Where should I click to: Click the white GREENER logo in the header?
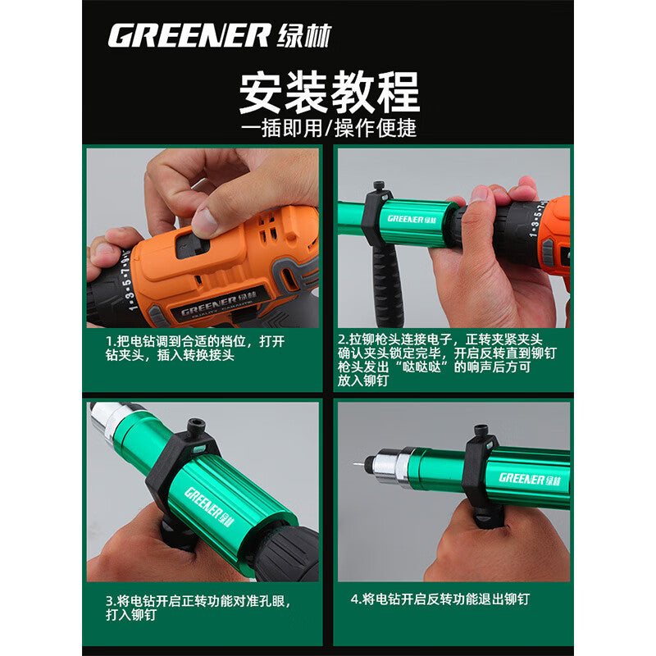pyautogui.click(x=220, y=35)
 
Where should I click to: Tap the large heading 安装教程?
pyautogui.click(x=330, y=92)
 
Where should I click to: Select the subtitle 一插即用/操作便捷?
pyautogui.click(x=329, y=128)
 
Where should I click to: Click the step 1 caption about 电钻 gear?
pyautogui.click(x=195, y=348)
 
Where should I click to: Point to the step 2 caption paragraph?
pyautogui.click(x=447, y=360)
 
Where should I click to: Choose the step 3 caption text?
pyautogui.click(x=198, y=608)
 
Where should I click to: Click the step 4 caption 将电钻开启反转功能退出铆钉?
pyautogui.click(x=440, y=599)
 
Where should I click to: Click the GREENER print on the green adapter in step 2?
pyautogui.click(x=412, y=219)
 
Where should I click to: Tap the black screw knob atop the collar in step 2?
pyautogui.click(x=379, y=187)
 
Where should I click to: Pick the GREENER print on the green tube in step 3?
pyautogui.click(x=209, y=507)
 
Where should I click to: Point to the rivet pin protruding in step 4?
pyautogui.click(x=358, y=464)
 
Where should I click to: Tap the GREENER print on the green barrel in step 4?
pyautogui.click(x=530, y=479)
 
